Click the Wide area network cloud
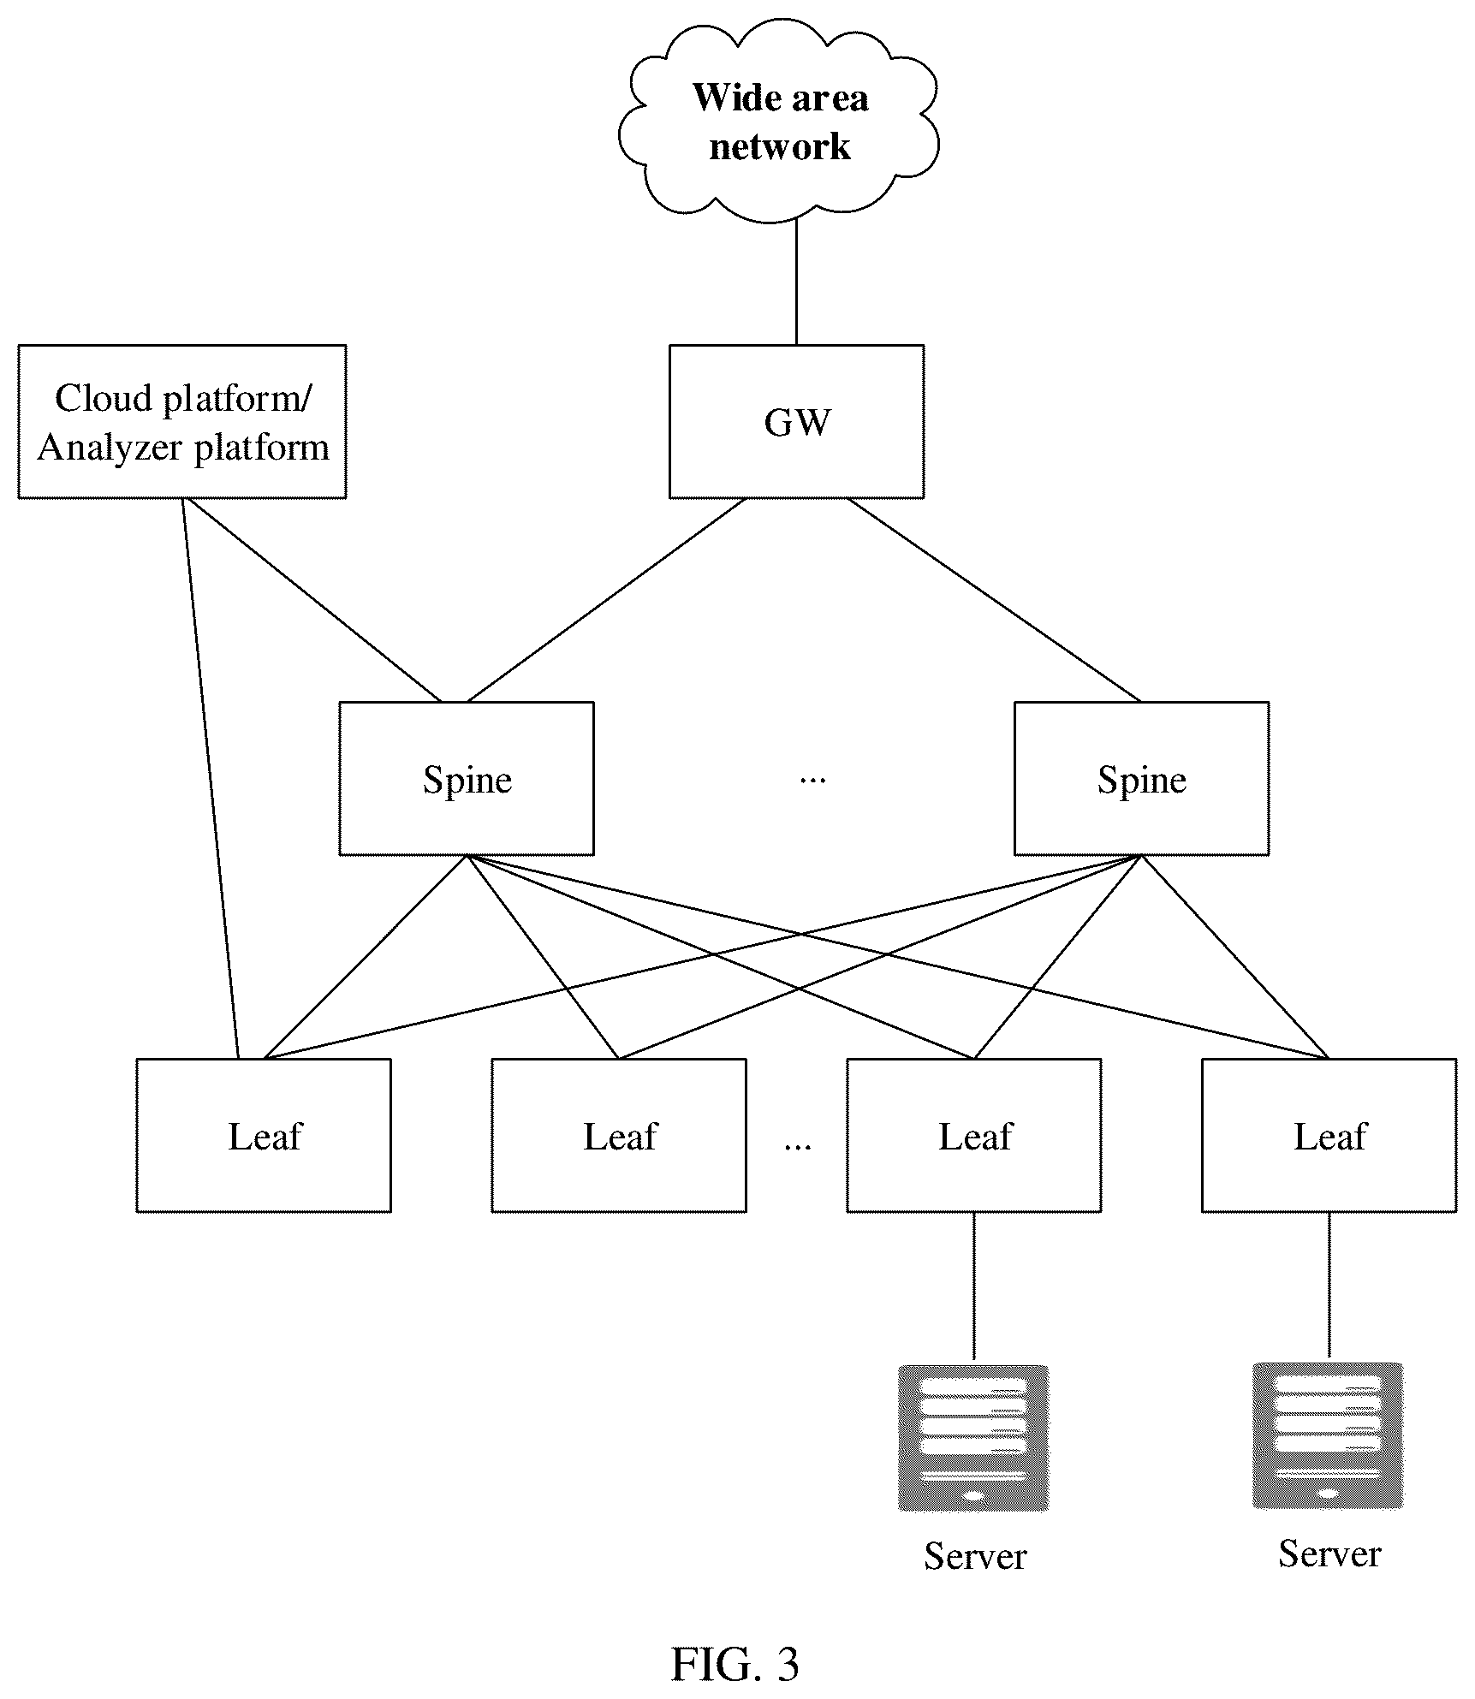[779, 120]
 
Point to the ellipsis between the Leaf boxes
[798, 1144]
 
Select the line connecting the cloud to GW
[796, 282]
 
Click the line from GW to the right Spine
[994, 600]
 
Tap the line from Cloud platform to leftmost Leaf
[211, 778]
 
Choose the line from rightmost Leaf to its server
[1329, 1286]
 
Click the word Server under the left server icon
[975, 1556]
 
